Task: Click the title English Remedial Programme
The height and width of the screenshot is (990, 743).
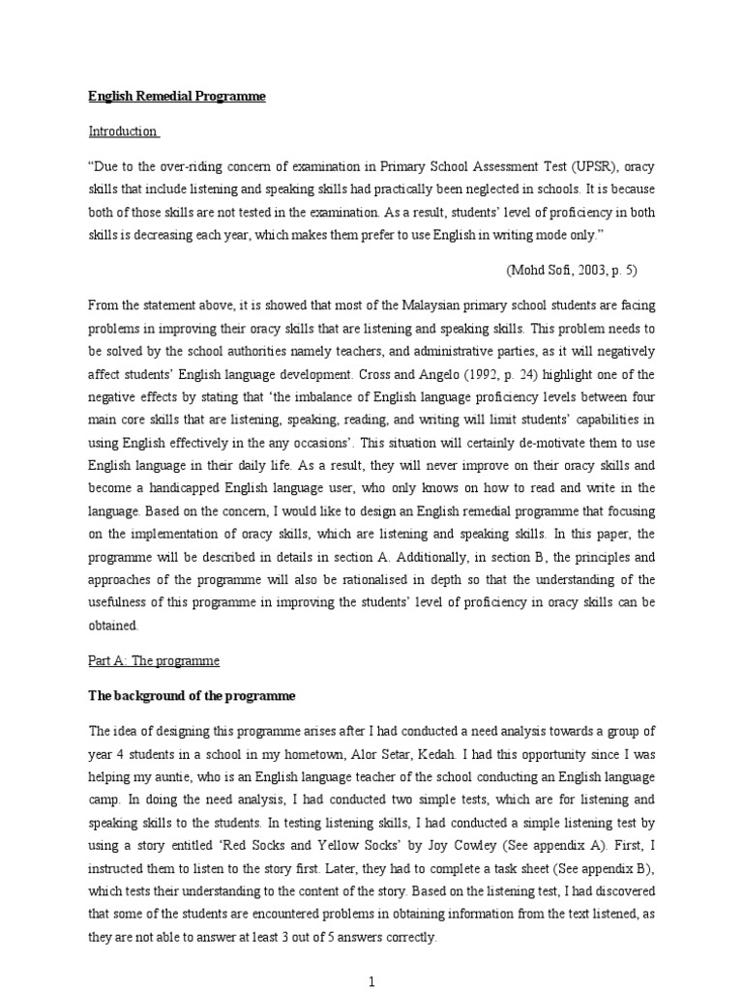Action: pos(176,97)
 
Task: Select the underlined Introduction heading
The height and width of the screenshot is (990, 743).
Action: pos(123,131)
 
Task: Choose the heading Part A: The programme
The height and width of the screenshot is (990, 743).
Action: pos(154,661)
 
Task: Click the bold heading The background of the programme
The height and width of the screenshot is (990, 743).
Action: pos(192,695)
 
